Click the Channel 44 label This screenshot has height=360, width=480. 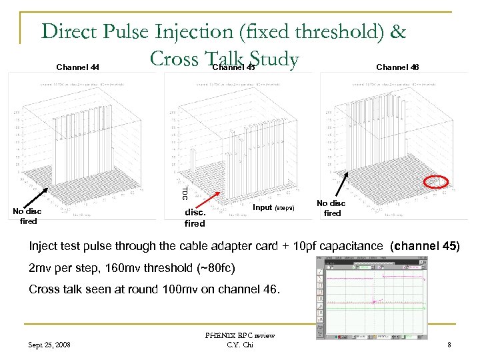pos(78,67)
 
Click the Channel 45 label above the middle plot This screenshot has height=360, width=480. pos(233,67)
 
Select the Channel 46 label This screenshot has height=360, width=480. pos(398,67)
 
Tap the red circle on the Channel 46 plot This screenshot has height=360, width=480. pos(436,181)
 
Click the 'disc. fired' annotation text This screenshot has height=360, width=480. pos(195,218)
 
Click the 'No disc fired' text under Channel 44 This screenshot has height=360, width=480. pos(28,216)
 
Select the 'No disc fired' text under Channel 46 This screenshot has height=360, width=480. pos(331,208)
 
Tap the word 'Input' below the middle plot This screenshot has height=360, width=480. pos(263,207)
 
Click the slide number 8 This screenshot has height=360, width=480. pos(449,345)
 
